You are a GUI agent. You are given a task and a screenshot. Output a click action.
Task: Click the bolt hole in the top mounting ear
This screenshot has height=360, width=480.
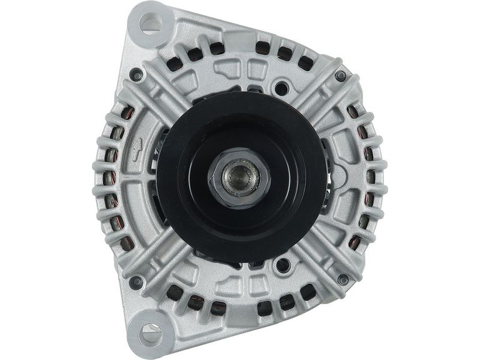tap(151, 23)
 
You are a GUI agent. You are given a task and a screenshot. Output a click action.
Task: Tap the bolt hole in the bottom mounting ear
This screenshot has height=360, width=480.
tap(151, 331)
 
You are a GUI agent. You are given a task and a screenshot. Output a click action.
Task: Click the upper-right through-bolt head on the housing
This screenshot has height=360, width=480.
tap(341, 76)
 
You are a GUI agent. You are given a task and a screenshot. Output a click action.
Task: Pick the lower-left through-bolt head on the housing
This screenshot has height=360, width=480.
tap(137, 280)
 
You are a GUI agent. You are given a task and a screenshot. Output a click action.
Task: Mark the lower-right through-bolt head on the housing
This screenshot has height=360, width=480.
tap(343, 280)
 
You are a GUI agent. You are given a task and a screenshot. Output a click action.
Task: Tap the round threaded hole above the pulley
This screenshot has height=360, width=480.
tap(280, 88)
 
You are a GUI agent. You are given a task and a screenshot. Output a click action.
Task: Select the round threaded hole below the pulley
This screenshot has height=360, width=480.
tap(280, 264)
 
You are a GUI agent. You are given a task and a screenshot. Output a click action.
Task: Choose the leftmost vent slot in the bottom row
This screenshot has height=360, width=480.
tap(175, 293)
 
